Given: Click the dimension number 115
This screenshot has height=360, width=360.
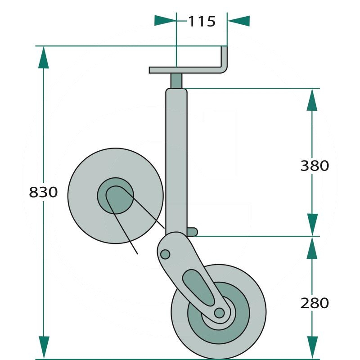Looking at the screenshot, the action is pos(201,21).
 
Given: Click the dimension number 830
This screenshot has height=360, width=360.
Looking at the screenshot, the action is pos(43,192).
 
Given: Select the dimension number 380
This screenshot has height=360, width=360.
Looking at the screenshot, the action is pos(315,166).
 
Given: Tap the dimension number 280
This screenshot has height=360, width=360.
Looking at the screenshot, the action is pos(315,303).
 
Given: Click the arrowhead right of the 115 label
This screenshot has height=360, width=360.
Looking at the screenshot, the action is pos(238,20).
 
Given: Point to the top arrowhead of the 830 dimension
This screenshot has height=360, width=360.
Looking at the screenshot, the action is pos(44,56).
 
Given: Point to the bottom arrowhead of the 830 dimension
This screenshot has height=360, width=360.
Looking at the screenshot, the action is pos(44,348).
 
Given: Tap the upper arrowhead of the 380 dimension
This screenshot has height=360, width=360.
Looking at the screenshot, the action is pos(312,99).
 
